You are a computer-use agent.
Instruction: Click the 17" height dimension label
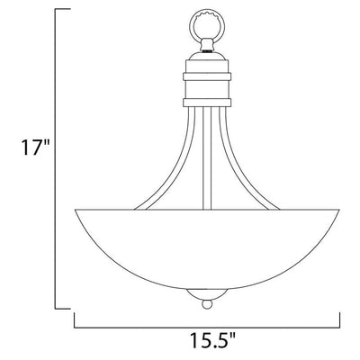pyautogui.click(x=35, y=147)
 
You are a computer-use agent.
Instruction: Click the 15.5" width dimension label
pyautogui.click(x=212, y=340)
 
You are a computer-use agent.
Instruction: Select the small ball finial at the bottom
pyautogui.click(x=207, y=304)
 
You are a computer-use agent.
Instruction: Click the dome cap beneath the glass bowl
pyautogui.click(x=207, y=294)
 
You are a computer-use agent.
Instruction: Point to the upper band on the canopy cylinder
pyautogui.click(x=207, y=76)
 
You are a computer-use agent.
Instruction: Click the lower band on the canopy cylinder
pyautogui.click(x=207, y=103)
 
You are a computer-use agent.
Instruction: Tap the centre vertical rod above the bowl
pyautogui.click(x=207, y=158)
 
